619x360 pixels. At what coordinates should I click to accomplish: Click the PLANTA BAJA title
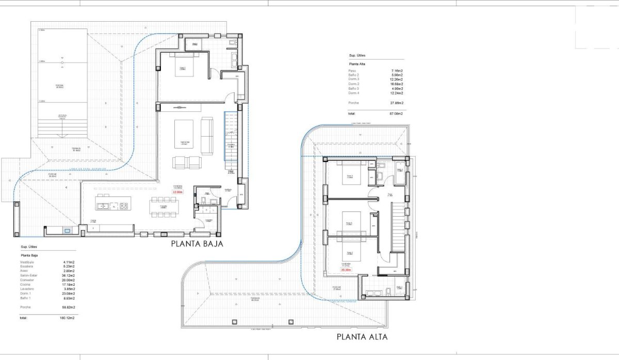tap(197, 244)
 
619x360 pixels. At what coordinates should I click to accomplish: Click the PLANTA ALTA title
tap(362, 337)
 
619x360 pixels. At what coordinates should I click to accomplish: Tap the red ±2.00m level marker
tap(177, 191)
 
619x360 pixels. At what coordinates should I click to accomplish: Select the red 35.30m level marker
tap(346, 269)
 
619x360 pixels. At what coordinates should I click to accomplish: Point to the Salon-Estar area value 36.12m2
tap(68, 275)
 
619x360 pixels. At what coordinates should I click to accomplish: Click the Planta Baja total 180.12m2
tap(67, 318)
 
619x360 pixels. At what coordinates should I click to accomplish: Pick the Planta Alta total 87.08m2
tap(396, 113)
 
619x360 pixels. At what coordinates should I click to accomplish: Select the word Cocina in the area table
tap(25, 284)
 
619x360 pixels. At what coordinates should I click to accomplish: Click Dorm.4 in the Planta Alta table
tap(353, 93)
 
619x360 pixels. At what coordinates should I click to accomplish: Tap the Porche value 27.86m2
tap(396, 103)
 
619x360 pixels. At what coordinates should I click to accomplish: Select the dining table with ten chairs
tap(164, 206)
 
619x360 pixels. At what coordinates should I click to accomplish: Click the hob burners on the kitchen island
tap(124, 206)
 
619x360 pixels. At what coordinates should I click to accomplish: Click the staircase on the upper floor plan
tap(398, 226)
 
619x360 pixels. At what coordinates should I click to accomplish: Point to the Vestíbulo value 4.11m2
tap(69, 262)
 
